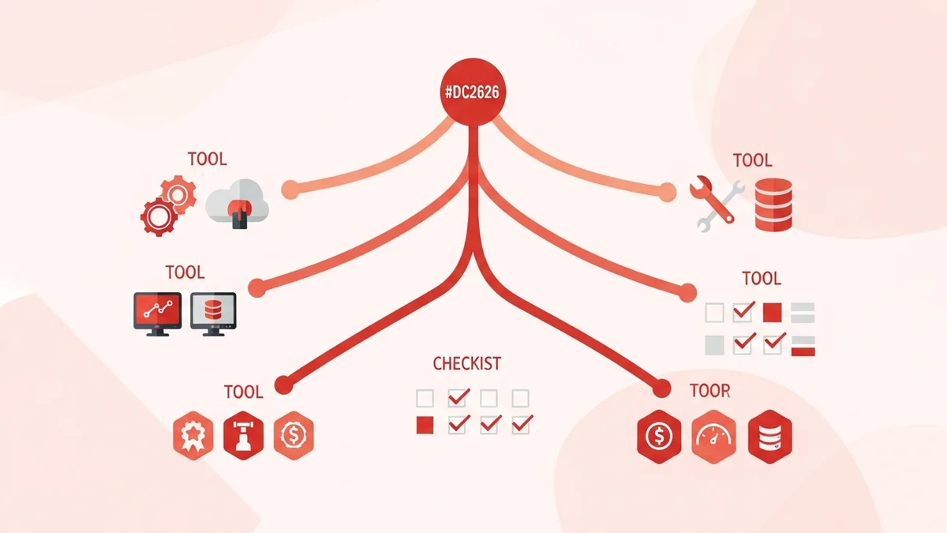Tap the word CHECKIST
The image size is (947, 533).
tap(466, 364)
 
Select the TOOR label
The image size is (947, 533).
tap(709, 391)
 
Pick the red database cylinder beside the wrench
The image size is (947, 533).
tap(773, 205)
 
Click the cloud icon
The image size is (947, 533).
tap(238, 203)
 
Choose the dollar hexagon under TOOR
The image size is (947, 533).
tap(657, 436)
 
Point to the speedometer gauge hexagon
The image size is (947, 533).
tap(713, 436)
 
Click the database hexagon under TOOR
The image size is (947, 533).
tap(769, 436)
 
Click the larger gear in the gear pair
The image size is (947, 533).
tap(155, 214)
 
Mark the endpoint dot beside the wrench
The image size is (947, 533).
tap(667, 190)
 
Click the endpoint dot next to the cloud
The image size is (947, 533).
tap(290, 188)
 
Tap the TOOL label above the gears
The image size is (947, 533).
tap(207, 159)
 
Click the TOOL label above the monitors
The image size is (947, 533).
tap(185, 272)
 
